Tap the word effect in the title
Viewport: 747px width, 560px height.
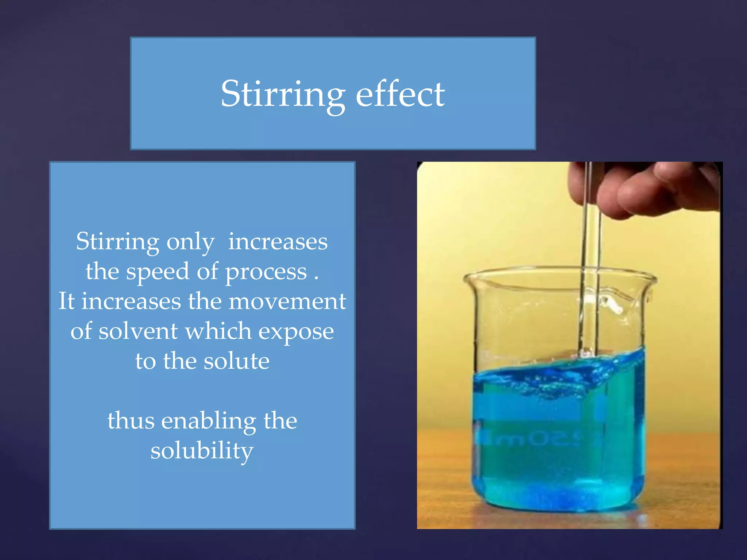pos(400,94)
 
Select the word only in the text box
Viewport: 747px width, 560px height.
pos(190,242)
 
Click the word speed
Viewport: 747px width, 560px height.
pos(158,272)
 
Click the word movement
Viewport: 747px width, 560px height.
pos(287,302)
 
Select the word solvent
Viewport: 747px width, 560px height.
pos(138,332)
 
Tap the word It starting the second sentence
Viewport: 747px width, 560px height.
pos(66,302)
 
